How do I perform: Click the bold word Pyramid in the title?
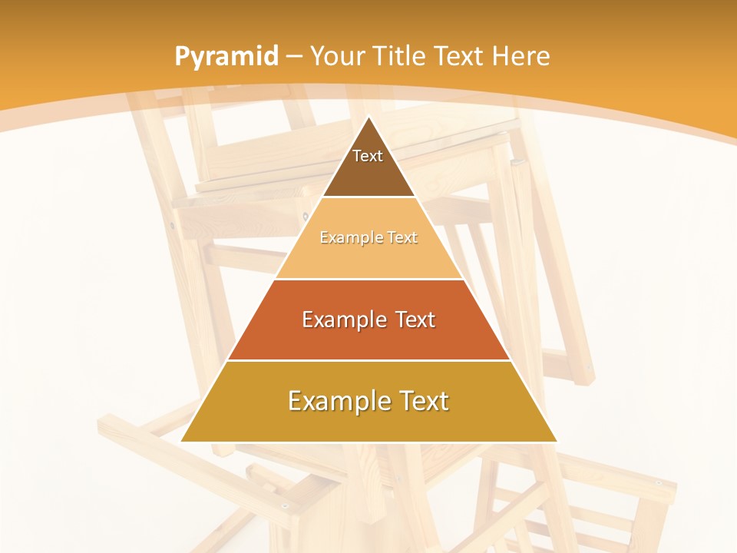[x=226, y=57]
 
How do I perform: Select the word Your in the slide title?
[x=336, y=57]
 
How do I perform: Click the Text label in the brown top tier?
[x=368, y=157]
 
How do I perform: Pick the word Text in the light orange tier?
[x=402, y=238]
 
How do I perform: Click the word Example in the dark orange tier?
[x=340, y=320]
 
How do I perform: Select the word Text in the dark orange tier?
[x=415, y=320]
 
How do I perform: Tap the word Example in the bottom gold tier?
[x=338, y=401]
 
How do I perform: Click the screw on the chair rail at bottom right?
[x=659, y=483]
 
